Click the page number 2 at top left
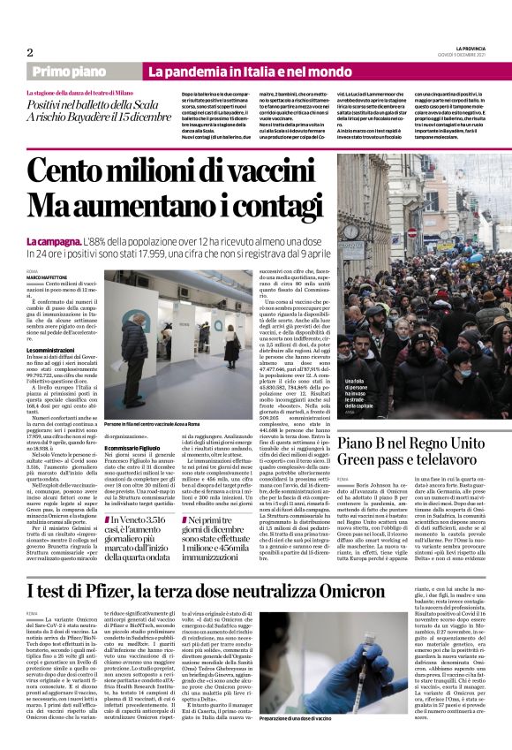30,51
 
